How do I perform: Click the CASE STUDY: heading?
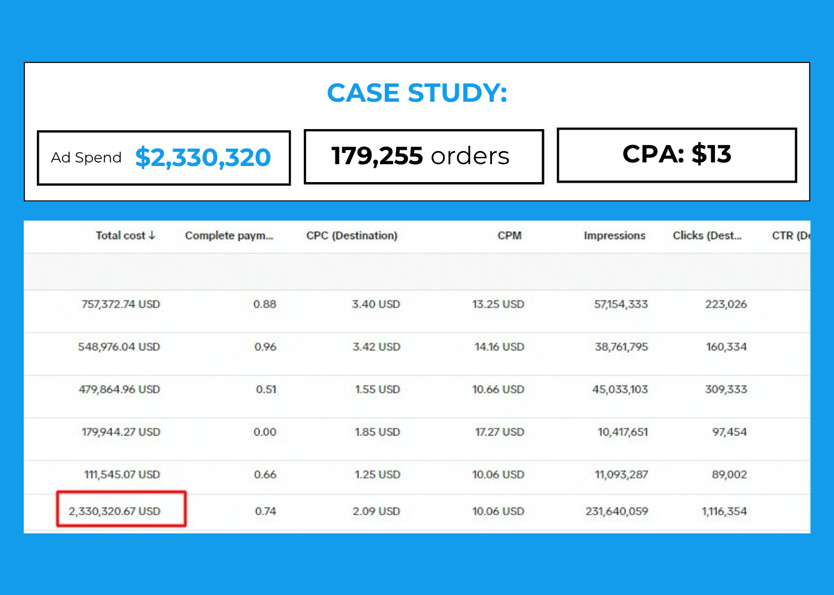tap(417, 93)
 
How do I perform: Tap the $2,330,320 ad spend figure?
tap(203, 157)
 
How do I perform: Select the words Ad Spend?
tap(86, 158)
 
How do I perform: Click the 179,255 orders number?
tap(377, 156)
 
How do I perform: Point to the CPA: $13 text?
tap(677, 154)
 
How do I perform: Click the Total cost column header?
tap(120, 236)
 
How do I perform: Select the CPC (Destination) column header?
tap(352, 236)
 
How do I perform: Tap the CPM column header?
tap(509, 236)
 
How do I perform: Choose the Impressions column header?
tap(614, 236)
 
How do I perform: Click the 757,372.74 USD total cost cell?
tap(120, 304)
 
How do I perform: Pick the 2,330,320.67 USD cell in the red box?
tap(114, 511)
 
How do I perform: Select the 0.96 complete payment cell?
tap(266, 347)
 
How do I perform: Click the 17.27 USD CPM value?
tap(499, 432)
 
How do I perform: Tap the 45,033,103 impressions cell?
tap(620, 389)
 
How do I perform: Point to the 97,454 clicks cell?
tap(729, 432)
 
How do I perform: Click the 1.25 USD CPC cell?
tap(377, 475)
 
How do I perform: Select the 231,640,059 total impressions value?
tap(617, 511)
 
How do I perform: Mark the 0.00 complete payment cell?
tap(264, 432)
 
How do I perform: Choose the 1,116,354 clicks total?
tap(724, 511)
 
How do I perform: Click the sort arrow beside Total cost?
tap(151, 235)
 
